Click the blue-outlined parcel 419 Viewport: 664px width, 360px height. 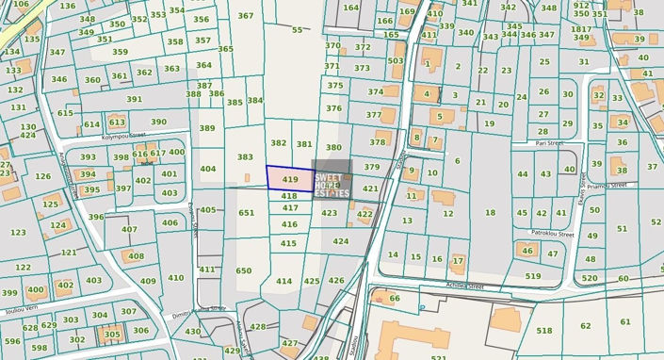pyautogui.click(x=289, y=178)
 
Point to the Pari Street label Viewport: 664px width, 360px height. pyautogui.click(x=548, y=144)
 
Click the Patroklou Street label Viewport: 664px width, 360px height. pyautogui.click(x=552, y=233)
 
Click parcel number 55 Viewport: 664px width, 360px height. pyautogui.click(x=298, y=30)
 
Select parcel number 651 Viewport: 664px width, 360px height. pyautogui.click(x=246, y=213)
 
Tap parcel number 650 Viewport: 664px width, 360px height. pyautogui.click(x=244, y=270)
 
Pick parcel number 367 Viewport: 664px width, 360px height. pyautogui.click(x=246, y=16)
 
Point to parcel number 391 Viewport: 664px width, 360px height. pyautogui.click(x=135, y=99)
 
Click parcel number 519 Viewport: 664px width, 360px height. pyautogui.click(x=533, y=276)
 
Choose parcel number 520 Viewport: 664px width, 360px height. pyautogui.click(x=590, y=278)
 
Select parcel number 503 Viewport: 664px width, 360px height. pyautogui.click(x=396, y=61)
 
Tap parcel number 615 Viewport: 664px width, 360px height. pyautogui.click(x=65, y=113)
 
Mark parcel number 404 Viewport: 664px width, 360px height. pyautogui.click(x=208, y=170)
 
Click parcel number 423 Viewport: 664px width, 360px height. pyautogui.click(x=329, y=213)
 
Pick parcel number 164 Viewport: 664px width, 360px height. pyautogui.click(x=350, y=8)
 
